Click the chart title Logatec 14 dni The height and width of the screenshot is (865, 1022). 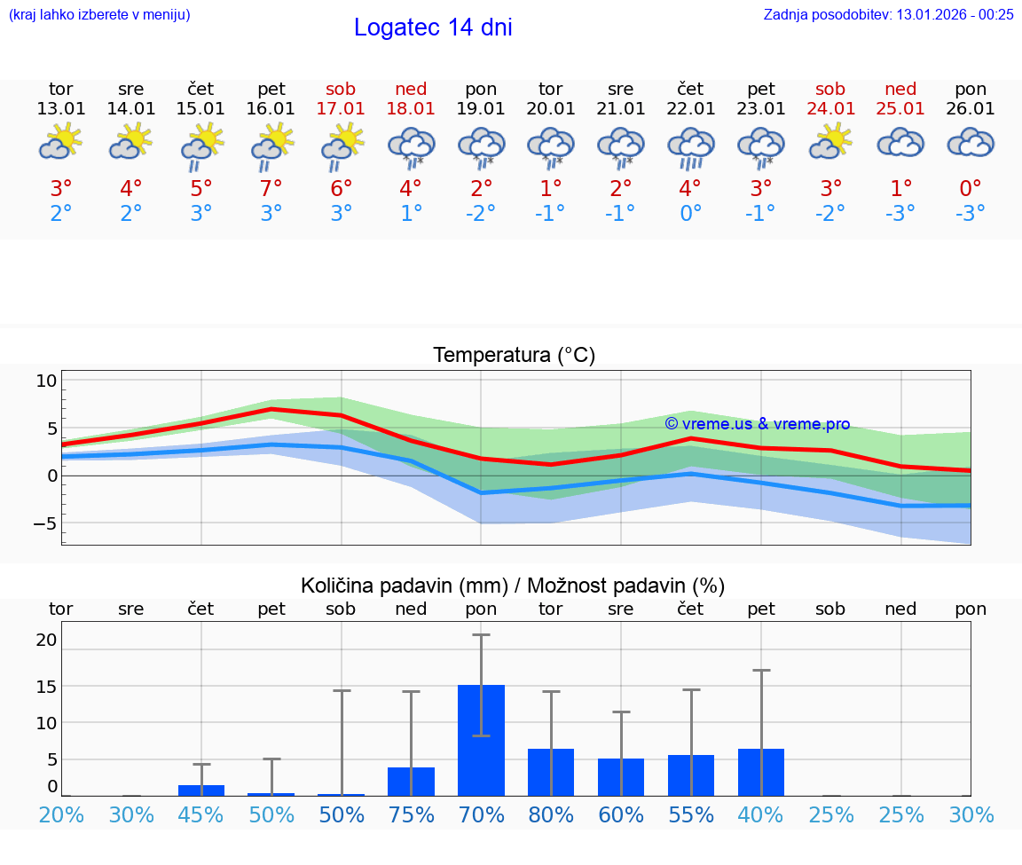coord(433,28)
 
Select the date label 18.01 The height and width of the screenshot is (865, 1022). coord(411,108)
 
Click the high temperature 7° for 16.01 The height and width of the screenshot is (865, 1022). coord(271,188)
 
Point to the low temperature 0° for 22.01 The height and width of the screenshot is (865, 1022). coord(690,213)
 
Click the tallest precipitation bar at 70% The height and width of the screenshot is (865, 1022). coord(481,740)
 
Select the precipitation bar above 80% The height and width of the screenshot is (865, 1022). coord(551,772)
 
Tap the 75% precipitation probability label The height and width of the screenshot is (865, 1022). coord(411,814)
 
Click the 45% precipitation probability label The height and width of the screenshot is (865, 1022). coord(201,814)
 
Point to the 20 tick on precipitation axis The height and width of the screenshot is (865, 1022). coord(46,640)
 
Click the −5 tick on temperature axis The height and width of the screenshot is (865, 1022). coord(44,523)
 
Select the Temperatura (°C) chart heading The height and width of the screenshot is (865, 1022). coord(514,356)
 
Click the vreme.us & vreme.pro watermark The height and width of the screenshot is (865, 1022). coord(757,424)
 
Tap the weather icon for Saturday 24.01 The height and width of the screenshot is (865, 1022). coord(830,142)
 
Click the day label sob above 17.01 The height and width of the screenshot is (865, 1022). coord(341,89)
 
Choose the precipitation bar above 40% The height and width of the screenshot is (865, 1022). coord(761,772)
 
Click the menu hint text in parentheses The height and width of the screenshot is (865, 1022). coord(99,14)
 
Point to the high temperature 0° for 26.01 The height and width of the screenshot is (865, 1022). coord(971,188)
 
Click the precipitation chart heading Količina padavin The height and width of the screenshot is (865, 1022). coord(512,586)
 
